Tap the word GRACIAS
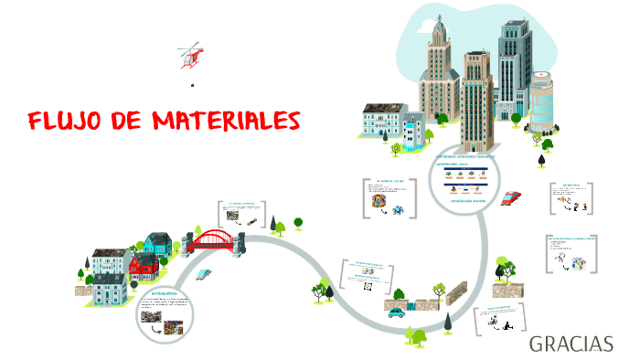coord(571,344)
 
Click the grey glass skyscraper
coord(514,64)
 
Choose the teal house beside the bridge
coord(157,244)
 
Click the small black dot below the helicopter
coord(193,85)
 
